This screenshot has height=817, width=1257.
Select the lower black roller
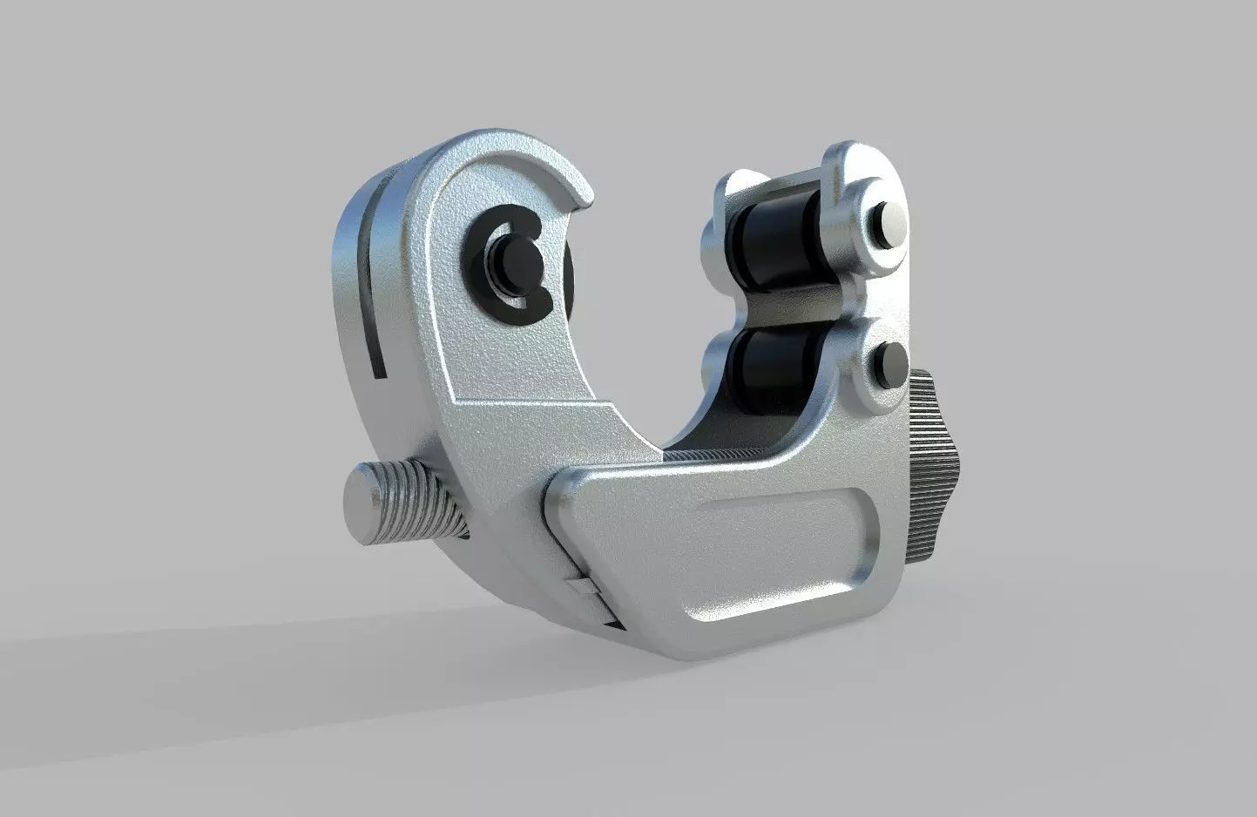coord(767,366)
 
